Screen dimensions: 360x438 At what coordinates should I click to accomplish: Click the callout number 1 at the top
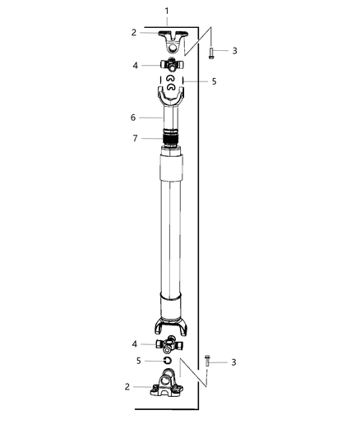(167, 12)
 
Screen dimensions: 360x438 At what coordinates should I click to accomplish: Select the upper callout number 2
(134, 33)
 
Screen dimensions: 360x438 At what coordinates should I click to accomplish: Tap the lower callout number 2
(127, 387)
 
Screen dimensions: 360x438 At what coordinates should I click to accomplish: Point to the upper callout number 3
(234, 51)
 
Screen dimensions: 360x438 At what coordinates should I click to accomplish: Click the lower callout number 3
(233, 362)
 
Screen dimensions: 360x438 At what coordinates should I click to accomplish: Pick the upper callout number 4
(135, 66)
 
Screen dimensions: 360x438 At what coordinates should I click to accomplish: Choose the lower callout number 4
(135, 344)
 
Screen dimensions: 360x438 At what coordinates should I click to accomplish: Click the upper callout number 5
(214, 81)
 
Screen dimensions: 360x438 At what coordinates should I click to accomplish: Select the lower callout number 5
(139, 361)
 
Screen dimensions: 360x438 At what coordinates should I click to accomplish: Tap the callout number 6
(133, 118)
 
